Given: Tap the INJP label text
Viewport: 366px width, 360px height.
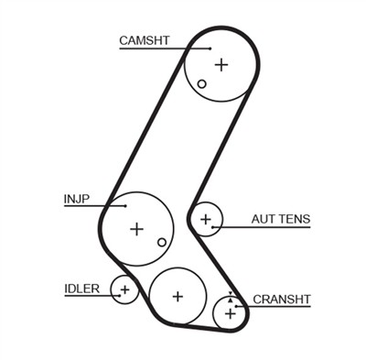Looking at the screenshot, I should click(x=77, y=197).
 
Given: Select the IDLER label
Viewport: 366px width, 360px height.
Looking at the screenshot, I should click(x=81, y=289).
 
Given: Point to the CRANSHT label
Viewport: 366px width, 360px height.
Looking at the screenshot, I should click(x=282, y=299).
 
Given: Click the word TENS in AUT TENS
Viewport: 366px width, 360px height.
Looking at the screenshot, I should click(x=296, y=219).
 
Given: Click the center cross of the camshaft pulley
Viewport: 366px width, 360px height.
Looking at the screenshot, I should click(x=221, y=64).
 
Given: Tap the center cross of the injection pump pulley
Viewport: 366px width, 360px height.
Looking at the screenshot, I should click(x=136, y=228).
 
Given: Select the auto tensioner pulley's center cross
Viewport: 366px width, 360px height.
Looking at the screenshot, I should click(x=207, y=219).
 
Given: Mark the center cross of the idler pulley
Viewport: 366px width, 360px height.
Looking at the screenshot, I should click(x=124, y=290).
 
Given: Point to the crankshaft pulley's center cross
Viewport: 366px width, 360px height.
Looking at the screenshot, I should click(x=231, y=313).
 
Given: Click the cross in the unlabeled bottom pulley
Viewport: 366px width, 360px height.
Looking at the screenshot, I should click(x=178, y=295).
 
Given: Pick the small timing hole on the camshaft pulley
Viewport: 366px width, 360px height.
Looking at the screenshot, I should click(x=202, y=83).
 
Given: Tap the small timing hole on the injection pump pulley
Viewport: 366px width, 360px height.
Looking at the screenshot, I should click(x=162, y=242).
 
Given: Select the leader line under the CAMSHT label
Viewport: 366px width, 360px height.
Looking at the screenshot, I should click(x=165, y=48).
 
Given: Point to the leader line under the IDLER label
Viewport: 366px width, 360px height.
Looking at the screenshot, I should click(x=91, y=297).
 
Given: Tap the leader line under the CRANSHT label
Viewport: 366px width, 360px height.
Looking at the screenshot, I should click(x=274, y=307).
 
